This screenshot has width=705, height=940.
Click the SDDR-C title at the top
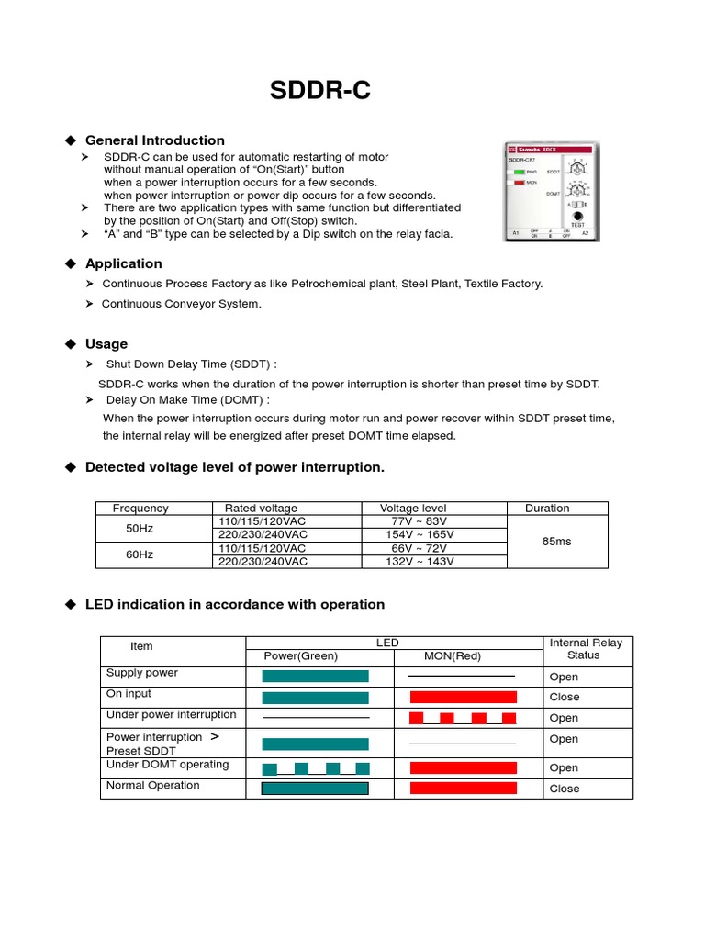click(x=320, y=90)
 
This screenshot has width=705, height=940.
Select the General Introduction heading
click(x=154, y=140)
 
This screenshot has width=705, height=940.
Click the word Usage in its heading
click(x=106, y=344)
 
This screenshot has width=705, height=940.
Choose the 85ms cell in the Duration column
click(x=556, y=542)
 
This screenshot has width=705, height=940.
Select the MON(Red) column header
click(x=452, y=656)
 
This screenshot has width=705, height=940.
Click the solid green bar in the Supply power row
click(x=315, y=677)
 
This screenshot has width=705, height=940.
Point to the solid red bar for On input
click(x=463, y=698)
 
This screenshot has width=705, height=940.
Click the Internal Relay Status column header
click(x=585, y=649)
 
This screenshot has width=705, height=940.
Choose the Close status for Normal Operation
click(x=564, y=789)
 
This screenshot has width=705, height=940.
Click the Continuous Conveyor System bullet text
click(x=181, y=304)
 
